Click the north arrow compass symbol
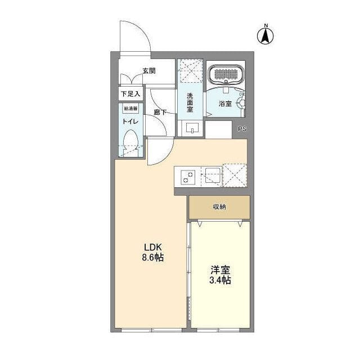pos(265,36)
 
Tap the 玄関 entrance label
pos(149,71)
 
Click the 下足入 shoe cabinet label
pos(130,94)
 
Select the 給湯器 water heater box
pos(130,109)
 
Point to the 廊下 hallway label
pos(160,112)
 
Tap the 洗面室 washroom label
pos(190,102)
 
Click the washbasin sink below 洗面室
pos(192,128)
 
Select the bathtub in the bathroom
pos(226,74)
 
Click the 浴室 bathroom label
pos(225,103)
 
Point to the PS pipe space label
pos(242,129)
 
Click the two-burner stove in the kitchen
pos(188,177)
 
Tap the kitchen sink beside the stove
pos(213,175)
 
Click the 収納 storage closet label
pos(219,206)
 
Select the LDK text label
pos(153,247)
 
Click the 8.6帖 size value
pos(153,258)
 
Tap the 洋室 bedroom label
pos(220,270)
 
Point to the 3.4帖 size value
pos(220,280)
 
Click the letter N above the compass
pos(266,25)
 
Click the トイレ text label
pos(130,121)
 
